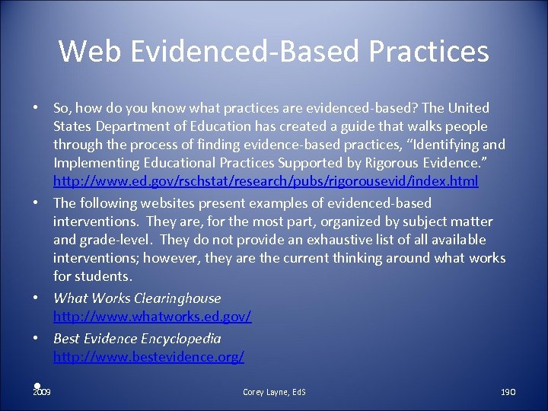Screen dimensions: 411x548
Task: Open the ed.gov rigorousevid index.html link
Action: click(266, 181)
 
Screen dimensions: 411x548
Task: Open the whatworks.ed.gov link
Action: click(152, 316)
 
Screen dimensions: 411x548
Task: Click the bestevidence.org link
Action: click(148, 356)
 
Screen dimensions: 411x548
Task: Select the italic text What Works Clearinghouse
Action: click(137, 298)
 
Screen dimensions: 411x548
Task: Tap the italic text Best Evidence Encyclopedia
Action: click(137, 339)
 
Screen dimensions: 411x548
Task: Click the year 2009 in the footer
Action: click(42, 392)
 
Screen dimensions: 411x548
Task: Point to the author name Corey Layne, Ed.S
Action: click(274, 392)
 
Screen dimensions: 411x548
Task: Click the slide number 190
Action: click(508, 392)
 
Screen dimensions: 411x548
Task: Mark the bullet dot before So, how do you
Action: click(37, 108)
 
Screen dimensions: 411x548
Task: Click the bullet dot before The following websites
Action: click(37, 203)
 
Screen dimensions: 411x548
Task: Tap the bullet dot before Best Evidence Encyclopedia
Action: click(37, 339)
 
